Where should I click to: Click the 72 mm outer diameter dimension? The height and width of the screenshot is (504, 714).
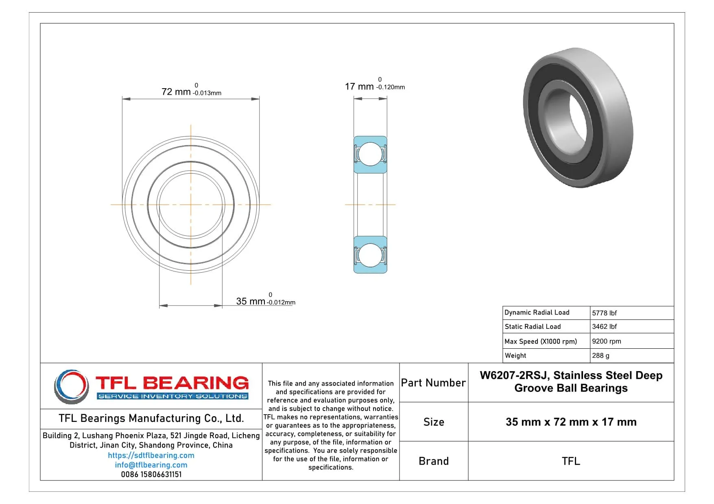pos(176,92)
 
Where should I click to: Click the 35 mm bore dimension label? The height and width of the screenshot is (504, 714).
pos(251,301)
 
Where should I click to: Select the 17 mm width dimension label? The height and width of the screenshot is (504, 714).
pos(359,87)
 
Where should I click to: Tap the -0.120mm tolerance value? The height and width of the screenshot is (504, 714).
pos(391,87)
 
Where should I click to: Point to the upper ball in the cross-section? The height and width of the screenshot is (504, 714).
pos(370,154)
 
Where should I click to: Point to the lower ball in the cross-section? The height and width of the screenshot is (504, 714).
pos(370,255)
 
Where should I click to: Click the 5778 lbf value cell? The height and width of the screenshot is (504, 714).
pos(604,313)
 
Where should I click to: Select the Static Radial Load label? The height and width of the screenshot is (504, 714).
pos(533,326)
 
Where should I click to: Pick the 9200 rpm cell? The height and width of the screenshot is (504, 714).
pos(606,341)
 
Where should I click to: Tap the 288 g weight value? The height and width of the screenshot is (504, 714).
pos(600,356)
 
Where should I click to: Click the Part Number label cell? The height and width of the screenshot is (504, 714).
pos(433,383)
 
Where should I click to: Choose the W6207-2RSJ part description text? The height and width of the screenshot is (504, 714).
pos(571,382)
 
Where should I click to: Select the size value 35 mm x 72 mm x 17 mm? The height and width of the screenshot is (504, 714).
pos(571,422)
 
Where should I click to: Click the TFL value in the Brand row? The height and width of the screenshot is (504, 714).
pos(571,461)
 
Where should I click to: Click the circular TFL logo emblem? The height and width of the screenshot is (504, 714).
pos(72,386)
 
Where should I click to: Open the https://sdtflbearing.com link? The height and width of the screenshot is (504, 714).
pos(151,455)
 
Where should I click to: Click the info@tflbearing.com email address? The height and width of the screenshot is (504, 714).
pos(151,465)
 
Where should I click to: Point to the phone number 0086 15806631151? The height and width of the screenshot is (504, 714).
pos(151,474)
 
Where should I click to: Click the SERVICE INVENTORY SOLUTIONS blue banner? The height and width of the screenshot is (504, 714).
pos(172,396)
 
